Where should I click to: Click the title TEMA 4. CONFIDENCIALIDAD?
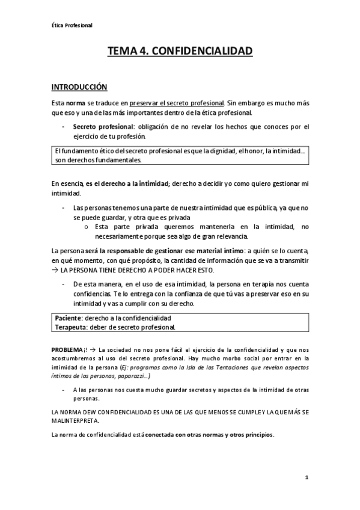click(180, 52)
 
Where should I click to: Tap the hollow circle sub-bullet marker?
click(87, 226)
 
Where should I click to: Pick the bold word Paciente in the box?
click(67, 318)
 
